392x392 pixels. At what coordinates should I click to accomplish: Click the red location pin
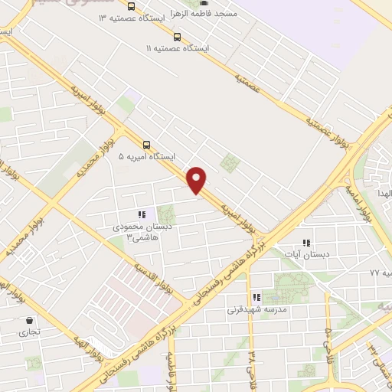pos(198,180)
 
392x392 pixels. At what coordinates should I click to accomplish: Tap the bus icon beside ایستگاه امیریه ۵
pos(146,144)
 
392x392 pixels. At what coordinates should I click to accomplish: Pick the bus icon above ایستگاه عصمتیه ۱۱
pos(178,37)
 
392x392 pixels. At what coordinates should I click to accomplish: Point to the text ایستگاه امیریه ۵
pos(146,156)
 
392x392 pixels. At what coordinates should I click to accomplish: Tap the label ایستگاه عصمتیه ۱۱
pos(178,48)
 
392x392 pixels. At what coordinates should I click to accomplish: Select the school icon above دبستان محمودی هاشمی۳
pos(141,215)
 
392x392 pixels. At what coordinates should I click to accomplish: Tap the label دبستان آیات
pos(306,253)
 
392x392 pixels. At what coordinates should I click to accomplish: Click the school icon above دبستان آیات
pos(307,242)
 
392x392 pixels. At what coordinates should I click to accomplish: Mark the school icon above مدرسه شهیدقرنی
pos(256,297)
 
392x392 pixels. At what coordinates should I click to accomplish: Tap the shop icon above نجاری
pos(29,320)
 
